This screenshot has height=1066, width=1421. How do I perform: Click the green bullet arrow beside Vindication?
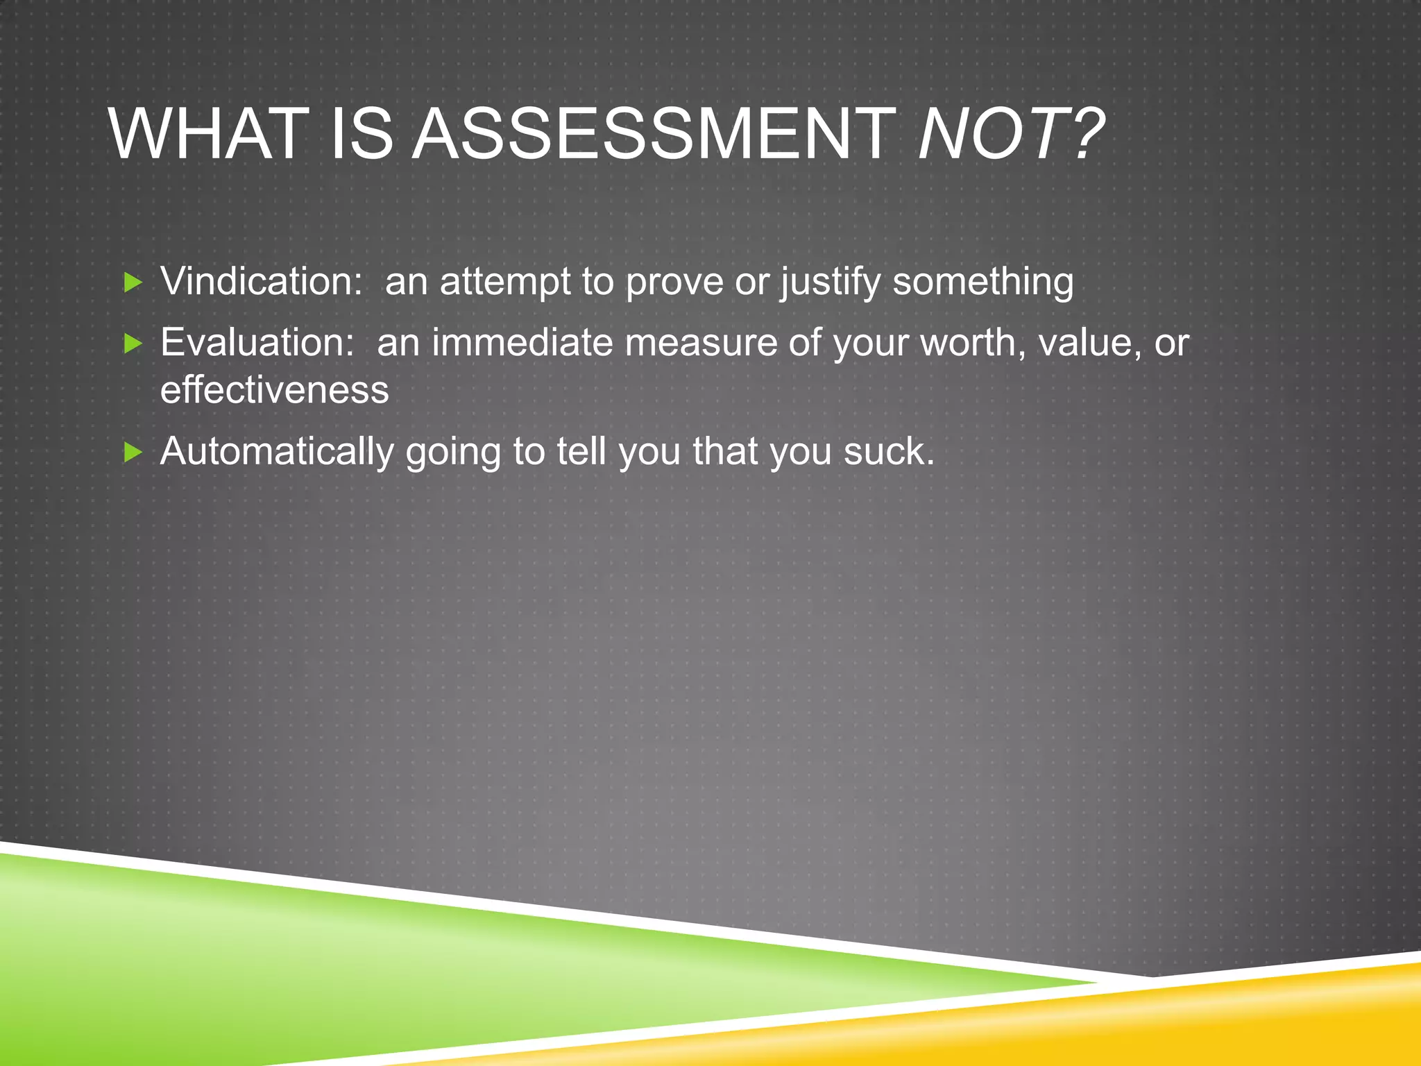(133, 282)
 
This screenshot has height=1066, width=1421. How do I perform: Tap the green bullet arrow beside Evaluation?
(133, 343)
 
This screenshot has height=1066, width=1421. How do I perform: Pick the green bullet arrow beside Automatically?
(133, 452)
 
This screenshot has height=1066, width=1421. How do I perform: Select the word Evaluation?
(257, 343)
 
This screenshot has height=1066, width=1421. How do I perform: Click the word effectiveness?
(275, 389)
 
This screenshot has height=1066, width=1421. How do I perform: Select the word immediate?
(522, 343)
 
